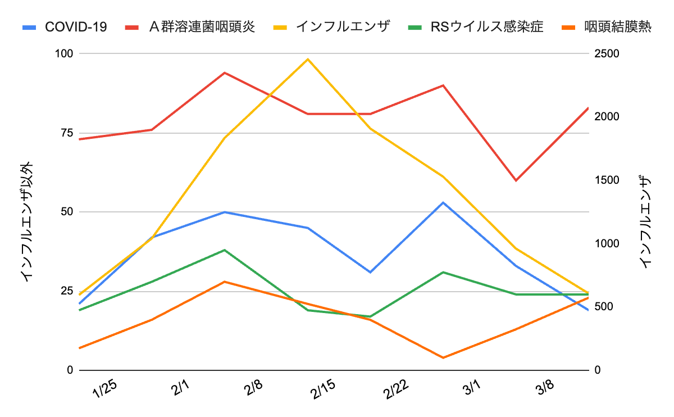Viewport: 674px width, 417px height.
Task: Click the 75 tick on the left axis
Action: click(66, 133)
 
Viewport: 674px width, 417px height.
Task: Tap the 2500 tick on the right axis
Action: click(607, 53)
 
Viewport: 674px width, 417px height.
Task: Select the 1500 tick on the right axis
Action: click(607, 180)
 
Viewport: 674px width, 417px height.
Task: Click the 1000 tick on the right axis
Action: click(607, 243)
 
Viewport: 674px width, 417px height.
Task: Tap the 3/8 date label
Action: click(544, 388)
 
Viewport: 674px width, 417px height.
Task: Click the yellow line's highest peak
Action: click(308, 59)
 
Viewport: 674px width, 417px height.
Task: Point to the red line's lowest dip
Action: click(516, 180)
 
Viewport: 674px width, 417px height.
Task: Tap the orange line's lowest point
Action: click(443, 357)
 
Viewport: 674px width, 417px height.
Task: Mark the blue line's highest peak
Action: click(443, 202)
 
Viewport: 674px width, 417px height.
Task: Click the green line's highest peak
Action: click(225, 250)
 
